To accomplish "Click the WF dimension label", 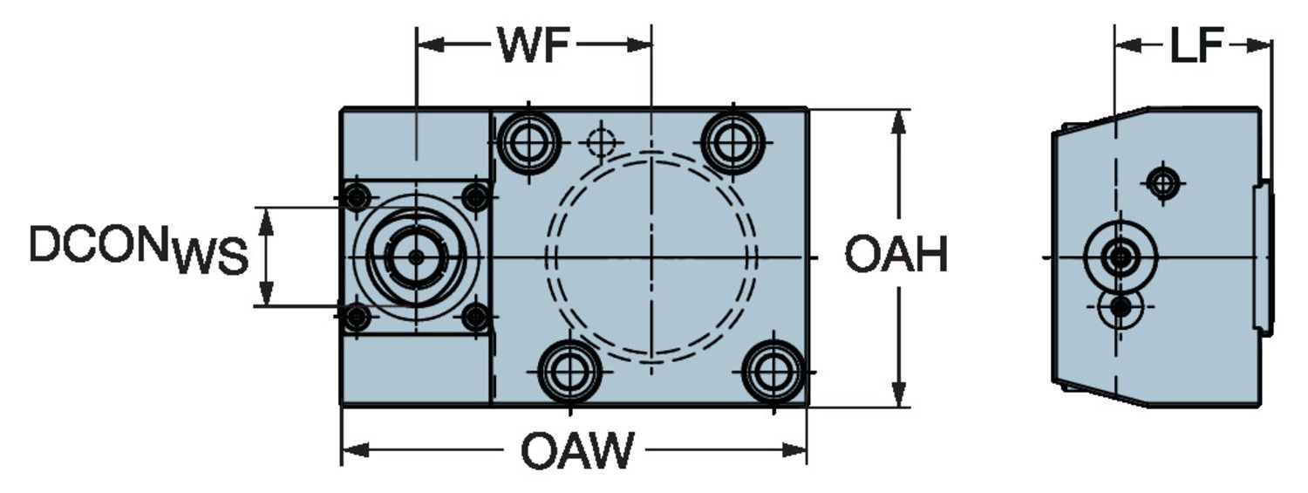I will pyautogui.click(x=533, y=45).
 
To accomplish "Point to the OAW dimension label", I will pyautogui.click(x=577, y=451).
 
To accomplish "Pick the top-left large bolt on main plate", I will pyautogui.click(x=528, y=141).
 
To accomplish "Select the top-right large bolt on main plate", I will pyautogui.click(x=732, y=141).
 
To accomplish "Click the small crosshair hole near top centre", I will pyautogui.click(x=602, y=141).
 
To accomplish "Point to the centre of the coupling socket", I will pyautogui.click(x=416, y=257).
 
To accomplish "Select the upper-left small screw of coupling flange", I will pyautogui.click(x=356, y=198).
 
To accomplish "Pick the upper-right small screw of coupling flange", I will pyautogui.click(x=475, y=198).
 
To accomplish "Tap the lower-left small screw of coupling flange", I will pyautogui.click(x=356, y=317).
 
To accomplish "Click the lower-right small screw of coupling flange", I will pyautogui.click(x=475, y=317).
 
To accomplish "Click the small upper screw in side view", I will pyautogui.click(x=1162, y=183).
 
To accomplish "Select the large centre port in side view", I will pyautogui.click(x=1120, y=257).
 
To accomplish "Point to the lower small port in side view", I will pyautogui.click(x=1121, y=307).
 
